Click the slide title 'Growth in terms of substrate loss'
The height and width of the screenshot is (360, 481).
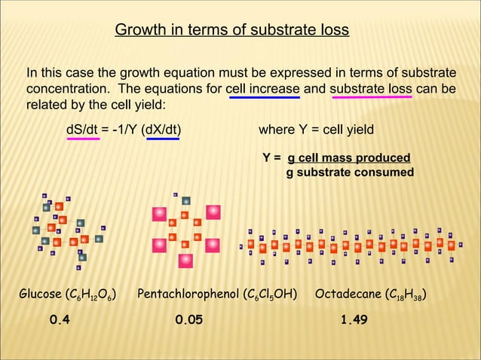231,30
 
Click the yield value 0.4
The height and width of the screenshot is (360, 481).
60,320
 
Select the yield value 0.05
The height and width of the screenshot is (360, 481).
188,320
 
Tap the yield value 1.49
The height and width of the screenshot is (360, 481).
354,320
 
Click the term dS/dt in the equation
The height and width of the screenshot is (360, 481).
82,129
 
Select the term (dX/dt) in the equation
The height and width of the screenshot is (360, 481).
161,129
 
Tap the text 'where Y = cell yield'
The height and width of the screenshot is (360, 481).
316,129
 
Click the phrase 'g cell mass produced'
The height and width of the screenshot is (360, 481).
348,157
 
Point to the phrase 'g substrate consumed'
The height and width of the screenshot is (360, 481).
350,172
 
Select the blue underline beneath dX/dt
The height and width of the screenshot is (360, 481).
163,139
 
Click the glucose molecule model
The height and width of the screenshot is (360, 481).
67,227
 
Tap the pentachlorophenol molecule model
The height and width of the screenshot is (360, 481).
185,228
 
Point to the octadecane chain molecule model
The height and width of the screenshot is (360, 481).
354,245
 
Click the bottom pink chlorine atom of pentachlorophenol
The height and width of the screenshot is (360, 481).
185,260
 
